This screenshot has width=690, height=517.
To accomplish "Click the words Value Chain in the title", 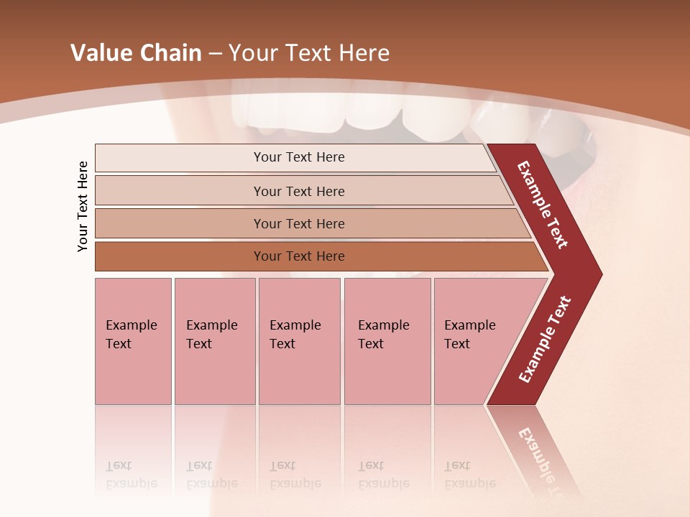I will pyautogui.click(x=136, y=53).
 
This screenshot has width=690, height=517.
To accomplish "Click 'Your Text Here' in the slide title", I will pyautogui.click(x=309, y=53).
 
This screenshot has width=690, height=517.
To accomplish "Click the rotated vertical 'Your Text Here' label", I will pyautogui.click(x=83, y=206).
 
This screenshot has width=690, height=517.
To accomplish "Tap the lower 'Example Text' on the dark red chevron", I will pyautogui.click(x=545, y=339).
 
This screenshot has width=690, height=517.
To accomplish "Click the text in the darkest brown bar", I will pyautogui.click(x=299, y=256).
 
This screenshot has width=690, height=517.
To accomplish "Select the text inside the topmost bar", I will pyautogui.click(x=299, y=157).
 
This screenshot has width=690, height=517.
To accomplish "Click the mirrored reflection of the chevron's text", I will pyautogui.click(x=543, y=460).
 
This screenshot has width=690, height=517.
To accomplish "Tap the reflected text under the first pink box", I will pyautogui.click(x=131, y=475).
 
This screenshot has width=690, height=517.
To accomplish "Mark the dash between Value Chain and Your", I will pyautogui.click(x=214, y=54).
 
